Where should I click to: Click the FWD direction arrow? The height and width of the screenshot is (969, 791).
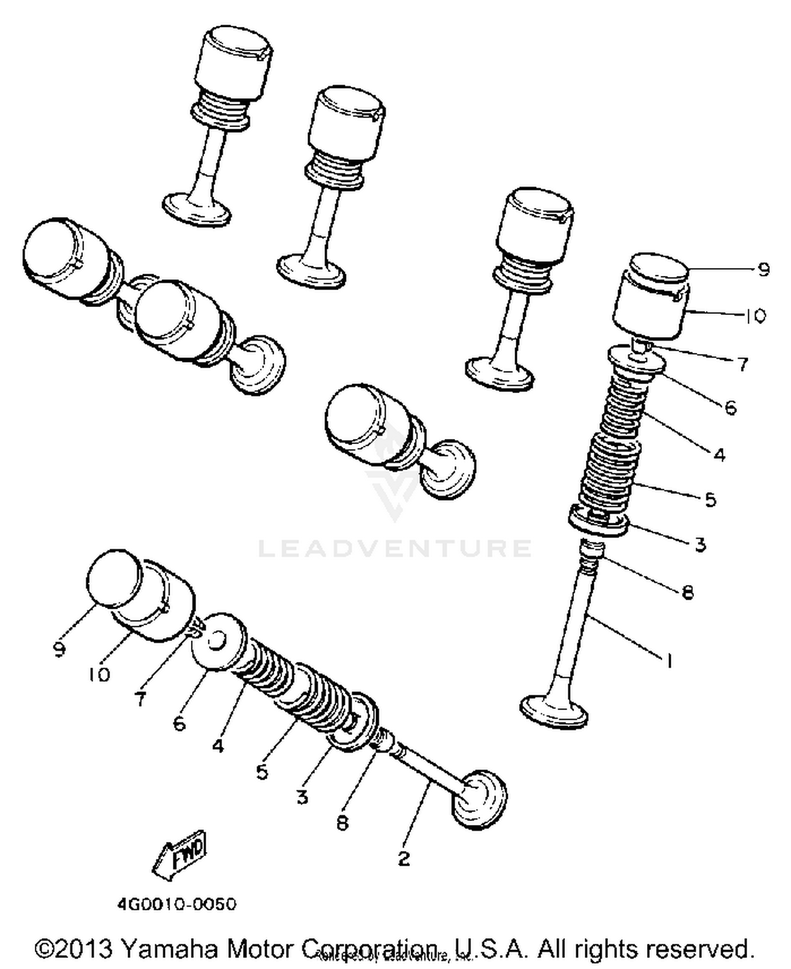pos(180,854)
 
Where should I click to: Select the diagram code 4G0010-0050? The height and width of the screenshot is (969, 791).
pos(177,904)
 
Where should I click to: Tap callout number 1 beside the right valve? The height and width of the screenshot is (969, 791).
pos(669,660)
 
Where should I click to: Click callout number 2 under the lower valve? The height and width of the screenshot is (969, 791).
pos(403,858)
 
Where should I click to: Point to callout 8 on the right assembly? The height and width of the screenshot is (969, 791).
pos(687,592)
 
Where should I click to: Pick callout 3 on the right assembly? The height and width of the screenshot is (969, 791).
pos(700,544)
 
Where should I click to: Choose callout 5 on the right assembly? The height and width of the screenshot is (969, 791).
pos(710,499)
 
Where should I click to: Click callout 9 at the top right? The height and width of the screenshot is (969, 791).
pos(763,270)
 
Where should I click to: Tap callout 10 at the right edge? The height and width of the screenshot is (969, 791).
pos(755,316)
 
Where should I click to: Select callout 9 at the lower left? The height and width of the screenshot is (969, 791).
pos(59,649)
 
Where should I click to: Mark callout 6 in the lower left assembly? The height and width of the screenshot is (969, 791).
pos(179,723)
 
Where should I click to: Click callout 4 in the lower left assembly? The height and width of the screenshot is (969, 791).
pos(218,746)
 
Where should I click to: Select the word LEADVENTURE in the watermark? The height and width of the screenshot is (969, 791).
pos(394,549)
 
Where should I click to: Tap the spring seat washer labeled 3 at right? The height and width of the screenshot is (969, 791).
pos(599,522)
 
